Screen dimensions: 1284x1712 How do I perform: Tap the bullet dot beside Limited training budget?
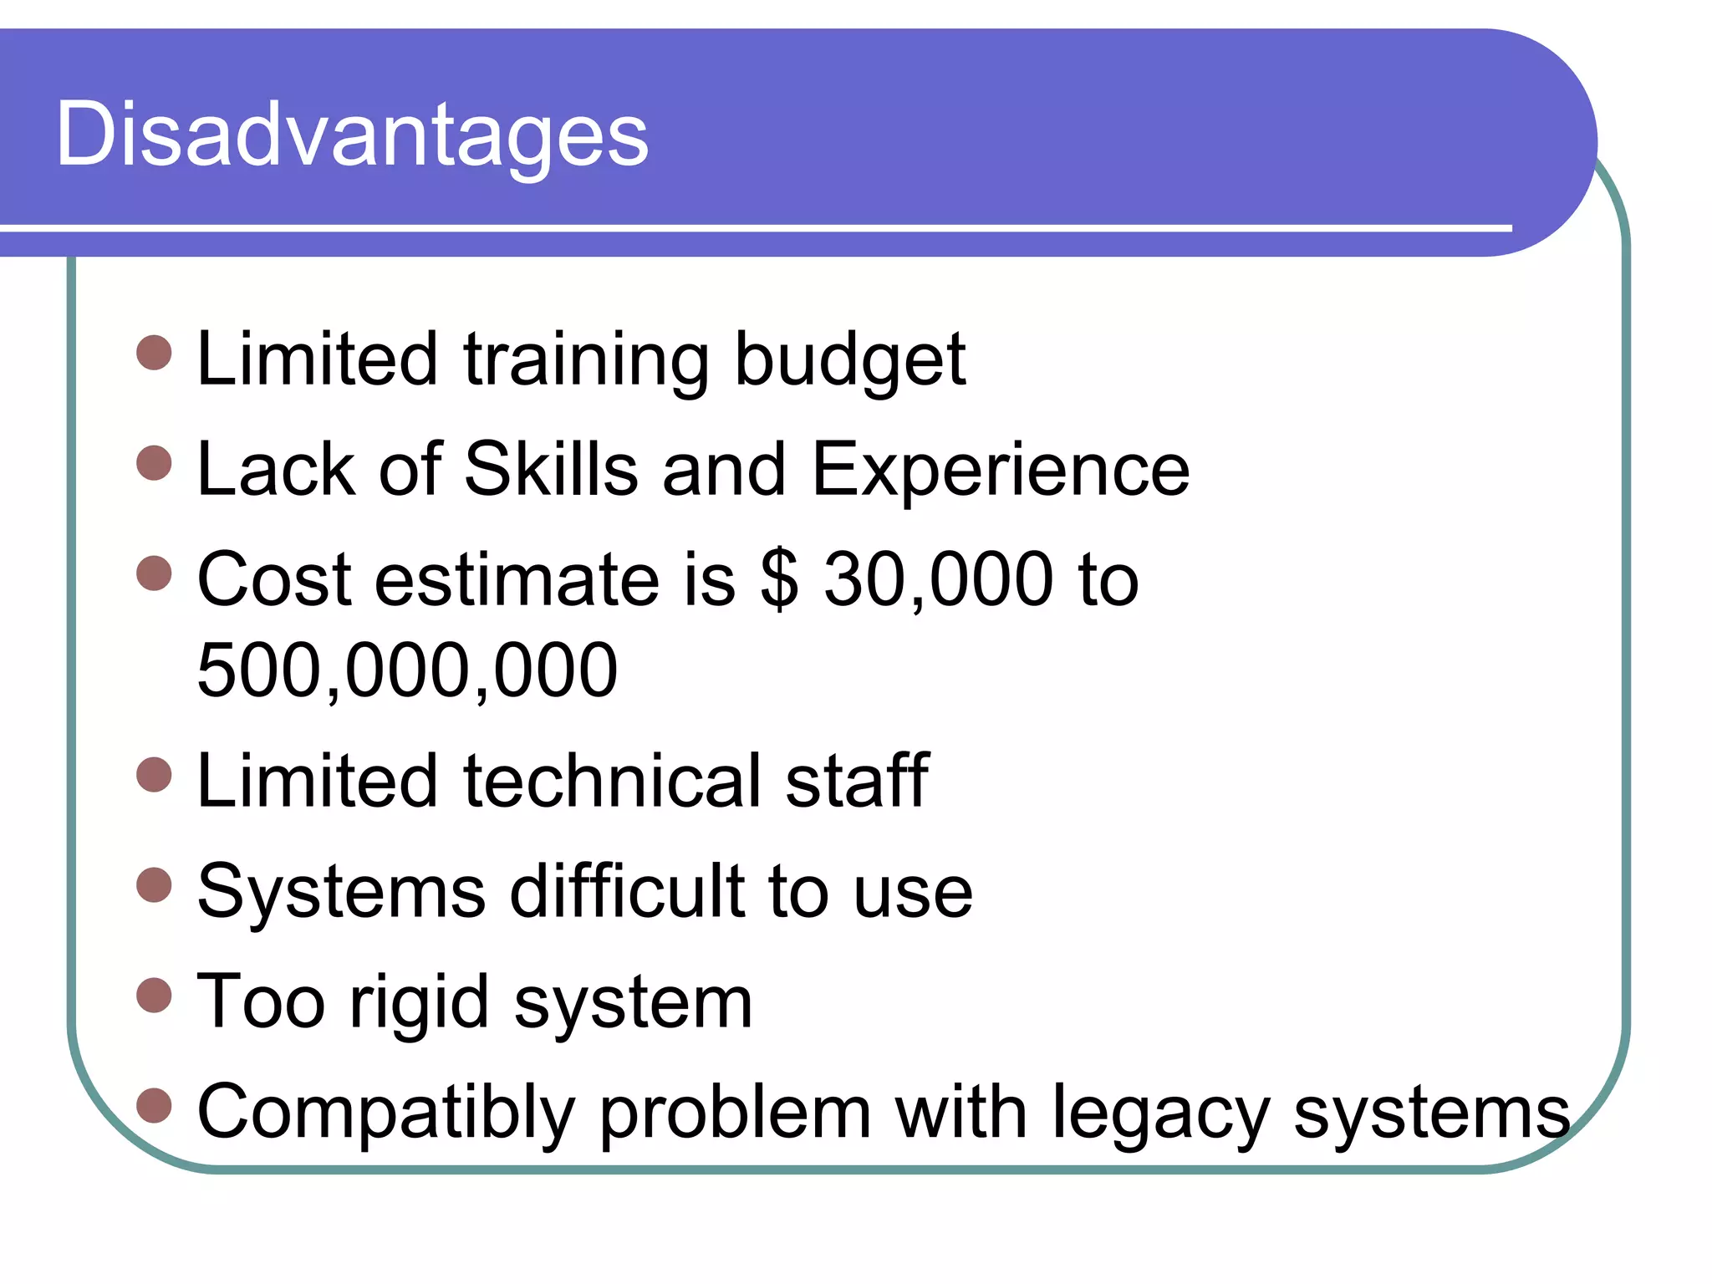pos(154,353)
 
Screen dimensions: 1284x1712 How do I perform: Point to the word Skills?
pos(551,470)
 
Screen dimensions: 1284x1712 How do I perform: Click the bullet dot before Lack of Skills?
pos(154,463)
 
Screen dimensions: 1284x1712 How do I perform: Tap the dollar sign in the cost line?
pos(779,580)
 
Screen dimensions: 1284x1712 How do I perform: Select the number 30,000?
pos(938,580)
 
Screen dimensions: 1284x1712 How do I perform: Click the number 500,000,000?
pos(407,670)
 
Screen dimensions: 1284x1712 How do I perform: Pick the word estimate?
pos(517,580)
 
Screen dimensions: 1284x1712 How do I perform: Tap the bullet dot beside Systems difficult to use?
pos(154,884)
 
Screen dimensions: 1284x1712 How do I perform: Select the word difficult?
pos(627,891)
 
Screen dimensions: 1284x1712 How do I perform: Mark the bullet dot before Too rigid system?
pos(154,995)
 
